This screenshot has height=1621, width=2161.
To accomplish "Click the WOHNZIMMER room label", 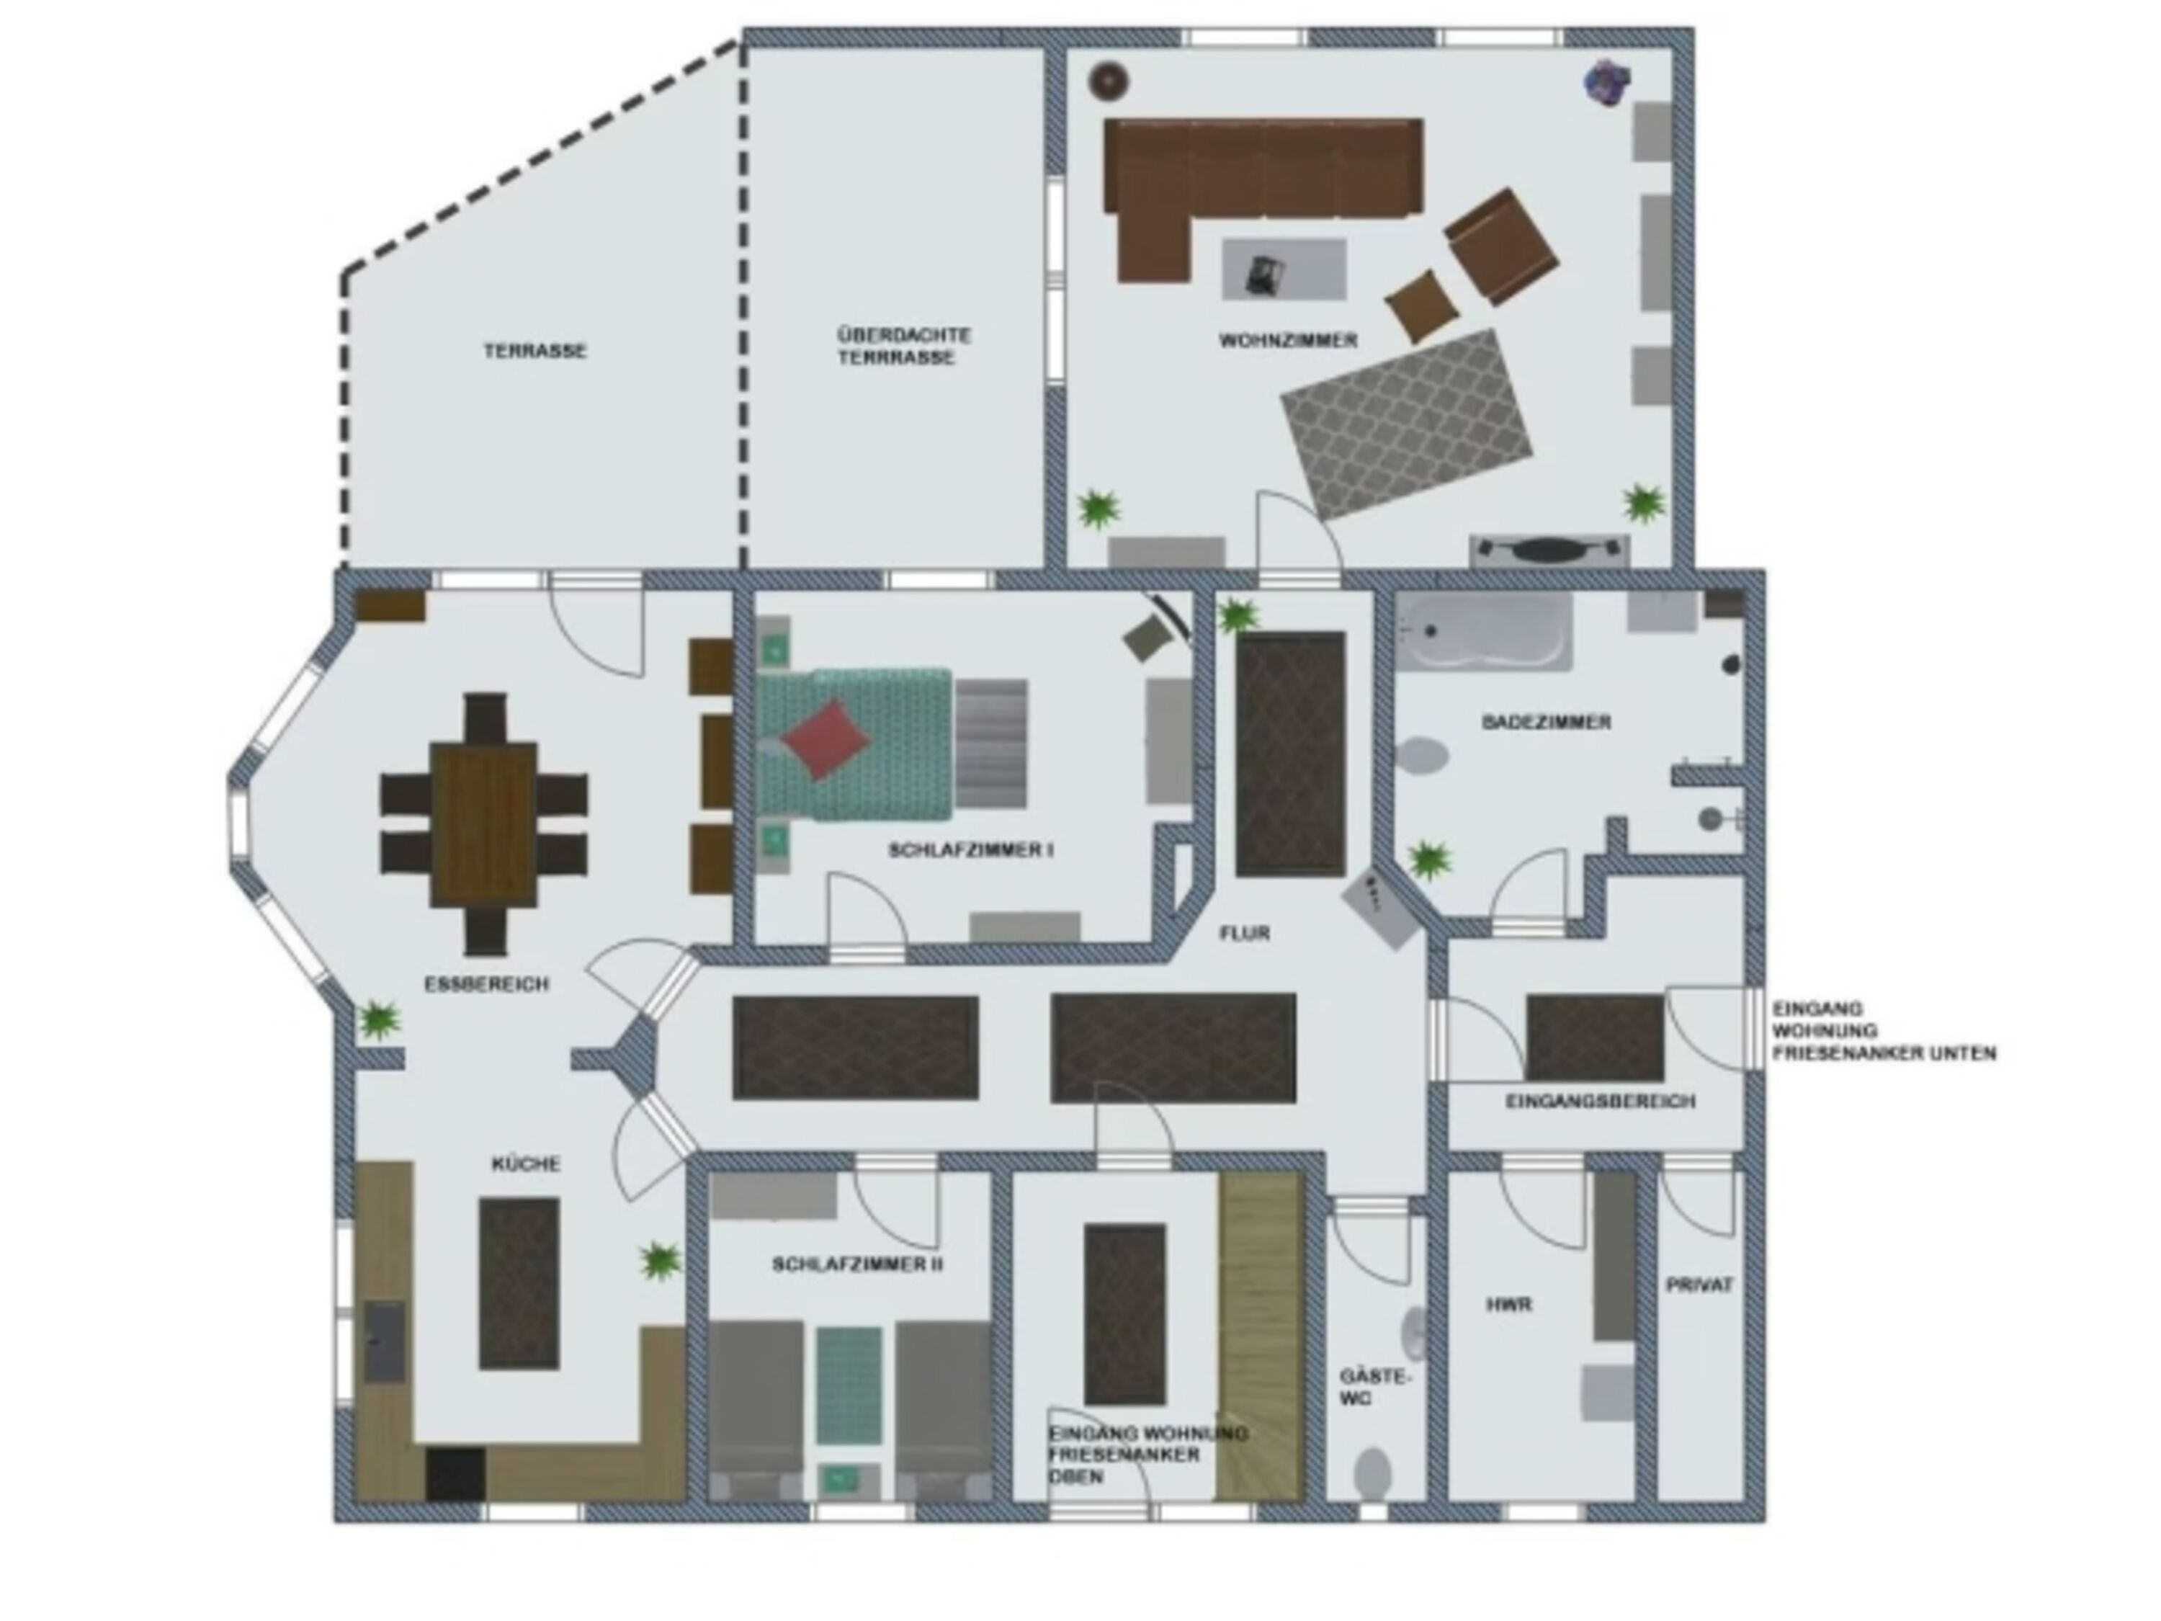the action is click(x=1288, y=340).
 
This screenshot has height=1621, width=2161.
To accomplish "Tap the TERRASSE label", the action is click(x=534, y=350).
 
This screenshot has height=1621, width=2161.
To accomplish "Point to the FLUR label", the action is click(x=1245, y=933).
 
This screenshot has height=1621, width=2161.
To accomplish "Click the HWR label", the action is click(x=1509, y=1305).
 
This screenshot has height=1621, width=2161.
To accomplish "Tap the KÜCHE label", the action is click(x=526, y=1164).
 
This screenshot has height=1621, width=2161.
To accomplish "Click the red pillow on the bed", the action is click(x=826, y=738).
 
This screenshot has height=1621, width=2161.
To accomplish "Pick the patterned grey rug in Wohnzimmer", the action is click(x=1407, y=425).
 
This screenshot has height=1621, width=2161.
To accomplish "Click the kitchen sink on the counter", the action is click(x=385, y=1341).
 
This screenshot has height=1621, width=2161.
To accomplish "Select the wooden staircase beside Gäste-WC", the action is click(x=1261, y=1336).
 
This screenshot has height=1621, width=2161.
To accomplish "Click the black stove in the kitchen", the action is click(x=456, y=1473).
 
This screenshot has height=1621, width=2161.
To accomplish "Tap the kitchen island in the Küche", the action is click(x=519, y=1283).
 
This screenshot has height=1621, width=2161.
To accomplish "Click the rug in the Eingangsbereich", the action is click(x=1594, y=1037).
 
